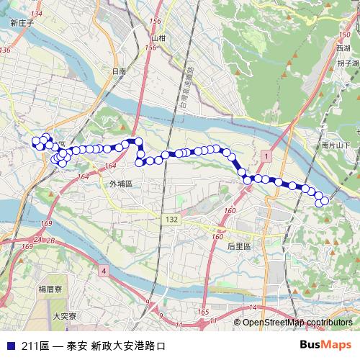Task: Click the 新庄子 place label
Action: tap(22, 23)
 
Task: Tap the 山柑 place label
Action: tap(158, 37)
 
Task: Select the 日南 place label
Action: tap(119, 72)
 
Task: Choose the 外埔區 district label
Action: tap(121, 184)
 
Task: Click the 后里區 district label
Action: tap(238, 246)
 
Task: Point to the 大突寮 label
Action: tap(65, 315)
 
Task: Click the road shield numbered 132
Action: tap(171, 219)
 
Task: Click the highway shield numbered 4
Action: tap(104, 271)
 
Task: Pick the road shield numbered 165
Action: tap(204, 312)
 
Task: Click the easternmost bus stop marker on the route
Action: tap(325, 201)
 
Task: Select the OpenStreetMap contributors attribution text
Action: tap(297, 323)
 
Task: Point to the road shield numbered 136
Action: tap(6, 50)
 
